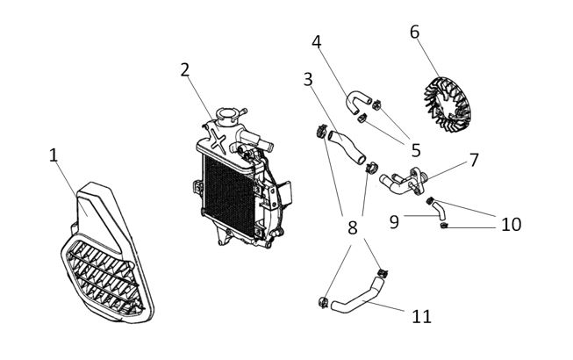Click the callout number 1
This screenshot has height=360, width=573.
[x=54, y=155]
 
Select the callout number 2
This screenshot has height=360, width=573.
[x=185, y=69]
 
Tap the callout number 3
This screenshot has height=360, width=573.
[x=308, y=79]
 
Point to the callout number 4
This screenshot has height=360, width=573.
[x=316, y=41]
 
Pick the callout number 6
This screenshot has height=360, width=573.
[x=414, y=32]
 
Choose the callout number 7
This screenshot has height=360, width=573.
[x=474, y=161]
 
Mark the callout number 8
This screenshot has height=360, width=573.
[x=352, y=228]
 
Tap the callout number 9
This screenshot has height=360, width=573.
[x=395, y=222]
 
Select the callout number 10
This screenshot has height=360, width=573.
[x=511, y=224]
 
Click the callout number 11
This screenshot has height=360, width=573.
[x=422, y=315]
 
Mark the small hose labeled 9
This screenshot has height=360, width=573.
[x=439, y=211]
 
